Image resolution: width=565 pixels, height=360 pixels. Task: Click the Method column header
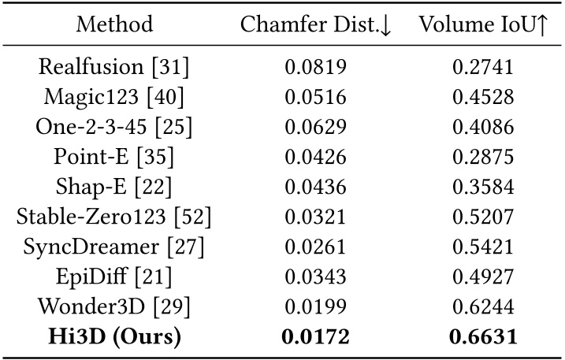pyautogui.click(x=115, y=24)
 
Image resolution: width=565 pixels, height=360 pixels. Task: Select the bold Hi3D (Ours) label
pyautogui.click(x=115, y=337)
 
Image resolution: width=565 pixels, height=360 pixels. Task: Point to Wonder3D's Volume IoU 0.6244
pyautogui.click(x=482, y=307)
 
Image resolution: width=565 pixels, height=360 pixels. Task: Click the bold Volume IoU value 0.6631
pyautogui.click(x=482, y=337)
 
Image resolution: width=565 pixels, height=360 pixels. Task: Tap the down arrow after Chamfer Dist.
pyautogui.click(x=385, y=26)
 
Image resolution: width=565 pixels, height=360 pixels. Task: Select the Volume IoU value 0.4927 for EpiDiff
pyautogui.click(x=482, y=277)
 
